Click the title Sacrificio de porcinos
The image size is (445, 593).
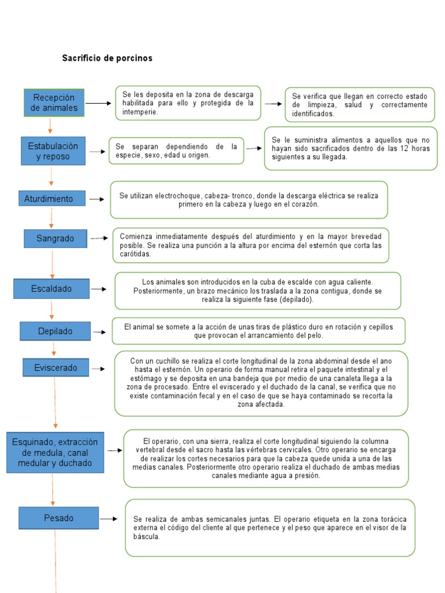(x=107, y=58)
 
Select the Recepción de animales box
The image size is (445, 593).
(x=54, y=103)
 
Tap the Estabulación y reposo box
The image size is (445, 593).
(x=53, y=152)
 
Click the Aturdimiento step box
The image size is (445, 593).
(x=52, y=199)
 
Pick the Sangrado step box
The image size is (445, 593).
(x=56, y=238)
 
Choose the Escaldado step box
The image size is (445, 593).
(x=52, y=288)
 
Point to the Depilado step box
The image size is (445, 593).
(x=55, y=331)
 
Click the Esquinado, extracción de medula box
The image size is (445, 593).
(x=55, y=452)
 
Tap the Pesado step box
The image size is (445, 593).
(x=59, y=518)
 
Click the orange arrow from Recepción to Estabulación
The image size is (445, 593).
(x=50, y=126)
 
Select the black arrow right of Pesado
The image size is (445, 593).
(x=108, y=519)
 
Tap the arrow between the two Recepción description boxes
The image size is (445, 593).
(x=273, y=104)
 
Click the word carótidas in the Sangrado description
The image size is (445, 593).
(x=136, y=254)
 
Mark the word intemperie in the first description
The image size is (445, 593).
(x=140, y=112)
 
